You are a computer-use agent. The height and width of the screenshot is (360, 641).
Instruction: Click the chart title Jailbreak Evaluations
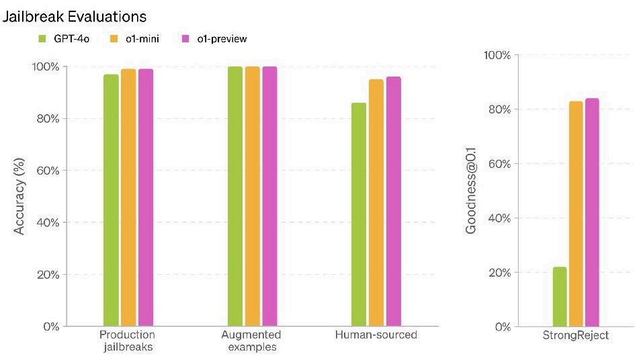click(74, 15)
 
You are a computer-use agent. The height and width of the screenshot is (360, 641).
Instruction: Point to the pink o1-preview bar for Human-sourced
click(393, 201)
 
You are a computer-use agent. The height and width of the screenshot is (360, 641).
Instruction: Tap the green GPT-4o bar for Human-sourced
click(359, 214)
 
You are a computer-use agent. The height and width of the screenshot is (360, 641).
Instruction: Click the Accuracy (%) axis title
click(19, 196)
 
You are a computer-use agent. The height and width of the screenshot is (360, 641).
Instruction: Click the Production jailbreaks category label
click(127, 341)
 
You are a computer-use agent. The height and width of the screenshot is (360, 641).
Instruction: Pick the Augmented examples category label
click(251, 341)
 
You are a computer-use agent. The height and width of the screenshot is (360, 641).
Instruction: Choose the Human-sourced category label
click(376, 335)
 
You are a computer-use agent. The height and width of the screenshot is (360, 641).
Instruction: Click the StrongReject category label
click(575, 335)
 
